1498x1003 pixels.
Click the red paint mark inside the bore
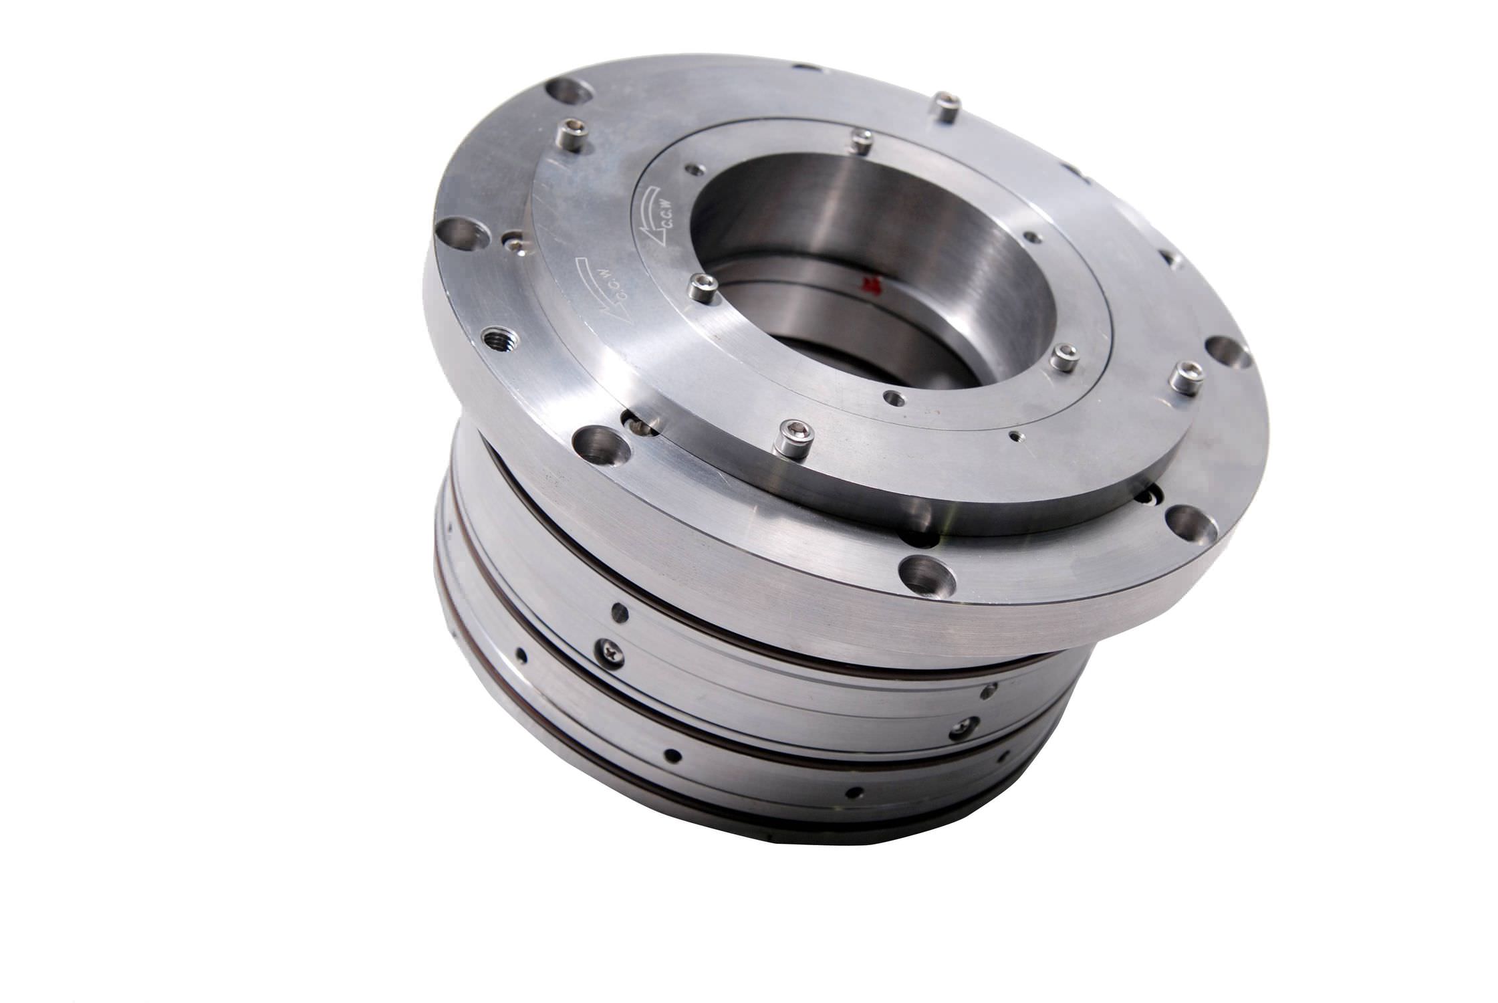pos(871,285)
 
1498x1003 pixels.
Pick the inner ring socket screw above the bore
pos(862,140)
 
